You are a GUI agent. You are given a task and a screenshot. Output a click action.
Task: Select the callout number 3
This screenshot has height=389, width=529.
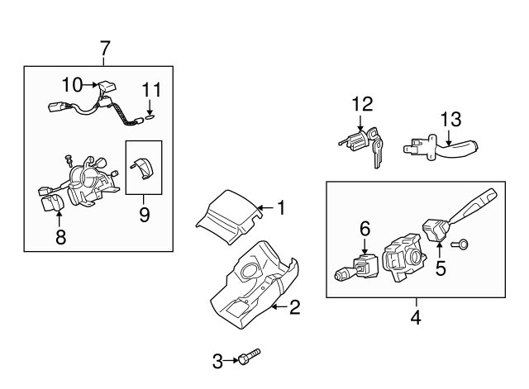[218, 359]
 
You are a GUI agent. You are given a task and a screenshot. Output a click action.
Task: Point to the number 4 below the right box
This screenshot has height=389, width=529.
[416, 317]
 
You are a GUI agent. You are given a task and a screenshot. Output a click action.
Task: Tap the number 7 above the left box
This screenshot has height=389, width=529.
[104, 49]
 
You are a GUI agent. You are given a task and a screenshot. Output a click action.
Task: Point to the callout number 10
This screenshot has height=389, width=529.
[73, 84]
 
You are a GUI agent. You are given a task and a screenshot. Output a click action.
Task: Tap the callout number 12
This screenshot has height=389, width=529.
[362, 105]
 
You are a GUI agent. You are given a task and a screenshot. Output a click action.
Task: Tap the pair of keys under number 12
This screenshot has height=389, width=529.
[377, 149]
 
